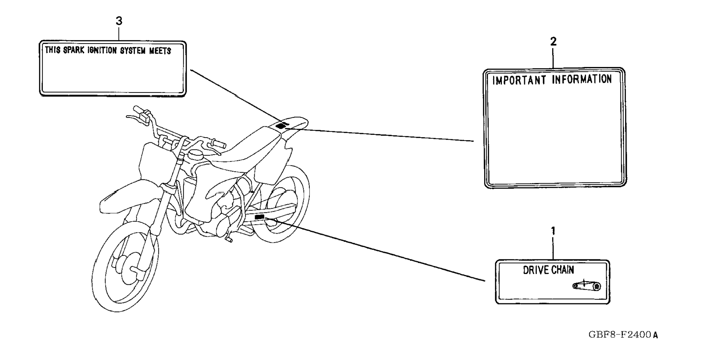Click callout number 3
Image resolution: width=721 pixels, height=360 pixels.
tap(119, 21)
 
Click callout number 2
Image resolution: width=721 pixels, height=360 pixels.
tap(553, 42)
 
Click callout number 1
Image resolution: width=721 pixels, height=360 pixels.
tap(553, 231)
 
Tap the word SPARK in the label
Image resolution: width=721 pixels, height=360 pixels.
tap(73, 50)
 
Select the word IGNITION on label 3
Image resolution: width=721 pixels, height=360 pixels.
tap(102, 50)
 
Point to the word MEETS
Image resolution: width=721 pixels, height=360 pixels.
tap(160, 51)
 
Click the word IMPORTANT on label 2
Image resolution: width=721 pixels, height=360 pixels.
tap(519, 80)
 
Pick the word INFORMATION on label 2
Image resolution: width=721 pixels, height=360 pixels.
tap(582, 79)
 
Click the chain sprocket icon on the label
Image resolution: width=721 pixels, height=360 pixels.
tap(586, 286)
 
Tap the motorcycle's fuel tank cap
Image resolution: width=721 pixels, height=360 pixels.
tap(195, 154)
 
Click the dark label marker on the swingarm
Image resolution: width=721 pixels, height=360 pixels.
tap(259, 217)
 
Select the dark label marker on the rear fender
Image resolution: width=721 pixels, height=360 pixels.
tap(282, 126)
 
